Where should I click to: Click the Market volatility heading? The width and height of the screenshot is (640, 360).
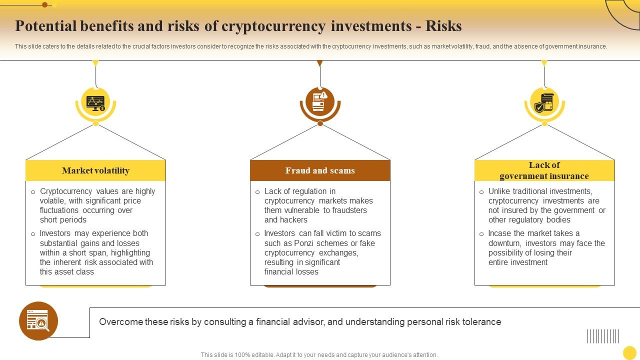pos(95,170)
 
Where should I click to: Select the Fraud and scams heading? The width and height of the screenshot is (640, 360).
pos(320,170)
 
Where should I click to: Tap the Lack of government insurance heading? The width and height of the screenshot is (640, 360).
pos(544,170)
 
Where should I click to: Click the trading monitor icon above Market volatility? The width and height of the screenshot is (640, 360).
pos(95,103)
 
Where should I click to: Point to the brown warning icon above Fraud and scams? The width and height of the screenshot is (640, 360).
pos(320,102)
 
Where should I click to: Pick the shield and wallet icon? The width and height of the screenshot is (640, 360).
pos(544,103)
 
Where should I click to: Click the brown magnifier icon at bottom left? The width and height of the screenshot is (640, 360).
pos(38,321)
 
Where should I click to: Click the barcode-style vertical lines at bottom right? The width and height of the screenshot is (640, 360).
pos(603,336)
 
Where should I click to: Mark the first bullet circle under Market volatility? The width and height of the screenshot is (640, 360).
pos(33,192)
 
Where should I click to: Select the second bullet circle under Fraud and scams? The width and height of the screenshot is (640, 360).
pos(257,234)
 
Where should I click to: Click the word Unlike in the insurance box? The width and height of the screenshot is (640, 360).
pos(500,191)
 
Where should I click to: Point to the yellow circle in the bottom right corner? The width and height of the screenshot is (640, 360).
pos(629,352)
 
